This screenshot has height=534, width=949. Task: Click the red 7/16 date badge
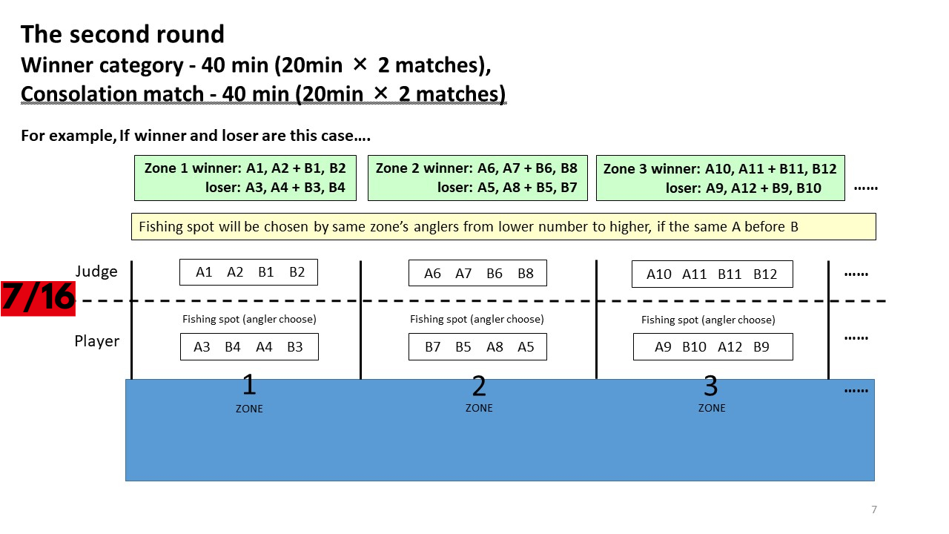[x=38, y=298]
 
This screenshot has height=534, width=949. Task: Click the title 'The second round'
[x=122, y=34]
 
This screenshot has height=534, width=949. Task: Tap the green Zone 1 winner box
[x=245, y=178]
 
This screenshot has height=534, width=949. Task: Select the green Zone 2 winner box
[x=477, y=178]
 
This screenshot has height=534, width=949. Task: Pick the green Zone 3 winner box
[x=720, y=178]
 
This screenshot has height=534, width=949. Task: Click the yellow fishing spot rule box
[x=503, y=227]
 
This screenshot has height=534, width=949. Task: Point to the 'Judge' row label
[x=96, y=271]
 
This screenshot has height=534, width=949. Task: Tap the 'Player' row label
[x=97, y=341]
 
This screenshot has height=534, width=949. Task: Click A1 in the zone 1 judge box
[x=204, y=272]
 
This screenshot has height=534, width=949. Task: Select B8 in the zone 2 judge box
[x=526, y=274]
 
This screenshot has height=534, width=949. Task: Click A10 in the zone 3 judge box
[x=659, y=274]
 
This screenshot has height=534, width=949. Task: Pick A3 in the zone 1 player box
[x=202, y=347]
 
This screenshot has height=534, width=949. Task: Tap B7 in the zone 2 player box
[x=432, y=347]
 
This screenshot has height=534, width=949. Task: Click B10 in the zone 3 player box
[x=694, y=347]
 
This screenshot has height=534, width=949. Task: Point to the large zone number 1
[x=249, y=385]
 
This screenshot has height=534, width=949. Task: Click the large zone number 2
[x=479, y=386]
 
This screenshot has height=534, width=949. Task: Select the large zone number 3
[x=711, y=386]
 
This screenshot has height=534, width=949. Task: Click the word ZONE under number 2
[x=479, y=408]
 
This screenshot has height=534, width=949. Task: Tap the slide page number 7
[x=874, y=510]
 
